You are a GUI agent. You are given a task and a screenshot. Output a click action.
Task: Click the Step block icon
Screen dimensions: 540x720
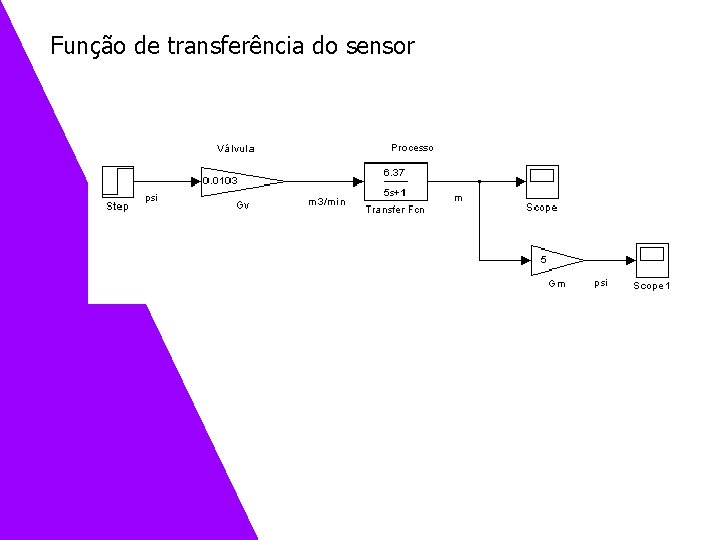[x=117, y=182]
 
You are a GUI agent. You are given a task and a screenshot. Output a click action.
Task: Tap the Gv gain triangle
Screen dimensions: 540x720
[x=240, y=182]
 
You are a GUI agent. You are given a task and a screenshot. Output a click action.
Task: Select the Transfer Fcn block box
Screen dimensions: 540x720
[x=395, y=182]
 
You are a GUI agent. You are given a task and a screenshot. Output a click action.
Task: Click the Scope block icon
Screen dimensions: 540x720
[x=542, y=182]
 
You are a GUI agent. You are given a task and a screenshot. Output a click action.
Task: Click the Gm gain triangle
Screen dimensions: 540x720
[x=556, y=260]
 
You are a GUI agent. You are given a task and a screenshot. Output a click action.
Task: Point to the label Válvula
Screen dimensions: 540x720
[x=236, y=149]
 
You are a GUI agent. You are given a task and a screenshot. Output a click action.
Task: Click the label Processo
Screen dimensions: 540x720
[x=412, y=147]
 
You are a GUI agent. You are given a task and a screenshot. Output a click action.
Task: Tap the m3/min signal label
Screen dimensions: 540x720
[x=326, y=202]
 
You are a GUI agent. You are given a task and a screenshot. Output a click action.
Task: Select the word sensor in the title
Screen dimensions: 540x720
[x=378, y=46]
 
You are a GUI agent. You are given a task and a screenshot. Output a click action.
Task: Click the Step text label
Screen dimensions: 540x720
[x=117, y=207]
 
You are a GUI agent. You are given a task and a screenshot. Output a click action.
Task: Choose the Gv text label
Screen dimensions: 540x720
[x=242, y=205]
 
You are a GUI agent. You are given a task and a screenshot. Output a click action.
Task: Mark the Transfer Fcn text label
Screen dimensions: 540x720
[x=395, y=210]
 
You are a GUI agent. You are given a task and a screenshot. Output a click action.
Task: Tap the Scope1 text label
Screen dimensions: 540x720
[x=652, y=286]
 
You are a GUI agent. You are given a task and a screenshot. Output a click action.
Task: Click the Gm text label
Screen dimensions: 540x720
[x=557, y=284]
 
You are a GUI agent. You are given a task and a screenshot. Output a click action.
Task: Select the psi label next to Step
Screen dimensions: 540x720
[x=151, y=197]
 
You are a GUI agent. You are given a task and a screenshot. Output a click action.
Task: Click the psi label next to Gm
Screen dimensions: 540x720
[x=600, y=284]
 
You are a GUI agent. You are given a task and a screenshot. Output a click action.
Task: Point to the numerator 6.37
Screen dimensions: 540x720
[x=394, y=172]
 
